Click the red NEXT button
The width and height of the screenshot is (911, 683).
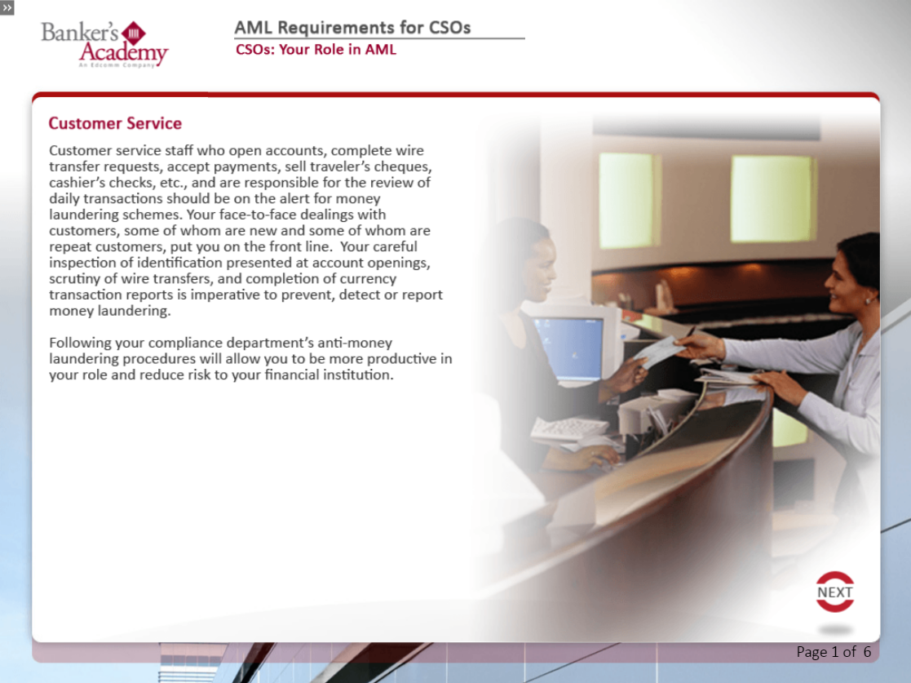(835, 592)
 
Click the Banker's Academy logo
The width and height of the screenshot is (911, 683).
(104, 45)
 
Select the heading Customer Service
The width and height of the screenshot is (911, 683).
(115, 123)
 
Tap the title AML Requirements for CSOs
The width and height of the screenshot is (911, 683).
(352, 27)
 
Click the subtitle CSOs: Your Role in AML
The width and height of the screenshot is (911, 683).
(316, 50)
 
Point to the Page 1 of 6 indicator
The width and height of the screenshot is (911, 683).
(834, 652)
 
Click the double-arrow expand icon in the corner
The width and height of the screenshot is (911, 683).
(7, 7)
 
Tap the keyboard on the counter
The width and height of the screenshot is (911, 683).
(568, 429)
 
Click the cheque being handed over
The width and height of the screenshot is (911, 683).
(660, 351)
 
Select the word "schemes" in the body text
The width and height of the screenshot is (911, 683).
(154, 215)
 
